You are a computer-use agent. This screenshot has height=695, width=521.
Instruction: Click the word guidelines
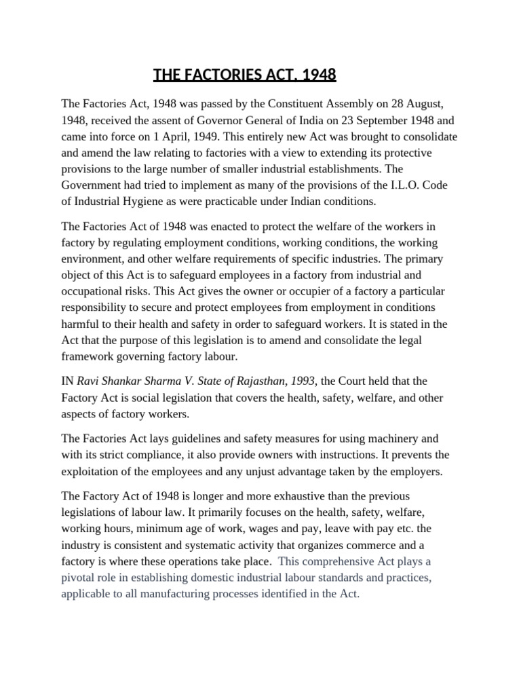(184, 438)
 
